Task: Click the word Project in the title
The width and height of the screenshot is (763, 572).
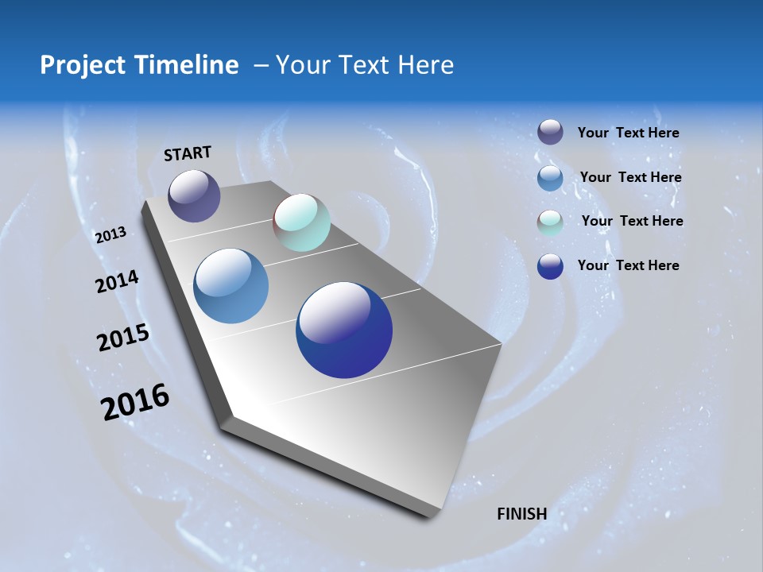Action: (x=81, y=65)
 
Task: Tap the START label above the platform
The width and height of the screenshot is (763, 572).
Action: (x=188, y=153)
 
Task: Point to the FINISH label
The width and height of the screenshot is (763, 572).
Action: (x=521, y=513)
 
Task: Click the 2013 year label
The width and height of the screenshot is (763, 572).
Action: (x=111, y=234)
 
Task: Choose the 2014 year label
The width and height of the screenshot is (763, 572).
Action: (x=117, y=282)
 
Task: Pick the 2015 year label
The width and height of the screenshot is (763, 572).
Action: (x=123, y=338)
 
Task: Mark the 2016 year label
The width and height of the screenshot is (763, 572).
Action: (x=135, y=401)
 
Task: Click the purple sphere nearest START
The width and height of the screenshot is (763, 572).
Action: (x=194, y=195)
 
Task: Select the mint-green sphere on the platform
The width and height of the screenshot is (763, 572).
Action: (x=301, y=222)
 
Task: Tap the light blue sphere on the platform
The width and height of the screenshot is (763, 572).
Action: (x=230, y=286)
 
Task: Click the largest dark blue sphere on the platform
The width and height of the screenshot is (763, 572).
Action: (x=344, y=330)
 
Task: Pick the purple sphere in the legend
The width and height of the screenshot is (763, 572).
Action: (x=550, y=132)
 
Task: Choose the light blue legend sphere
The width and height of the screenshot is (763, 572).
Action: (x=550, y=178)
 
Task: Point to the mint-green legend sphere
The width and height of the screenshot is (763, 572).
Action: (x=550, y=222)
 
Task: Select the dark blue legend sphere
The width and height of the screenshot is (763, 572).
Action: (x=550, y=266)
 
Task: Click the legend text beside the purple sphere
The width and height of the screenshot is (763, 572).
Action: (x=628, y=133)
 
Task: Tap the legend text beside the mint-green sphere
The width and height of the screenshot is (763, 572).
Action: (x=632, y=221)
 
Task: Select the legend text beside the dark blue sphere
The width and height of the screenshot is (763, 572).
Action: (x=628, y=265)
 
